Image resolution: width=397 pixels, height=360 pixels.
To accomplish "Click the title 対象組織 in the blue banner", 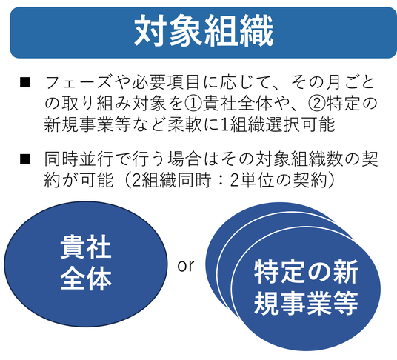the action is pos(204,30).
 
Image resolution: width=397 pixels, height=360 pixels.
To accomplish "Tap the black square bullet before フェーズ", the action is pos(25,82).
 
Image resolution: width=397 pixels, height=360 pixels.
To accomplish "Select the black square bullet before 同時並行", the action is pos(25,159).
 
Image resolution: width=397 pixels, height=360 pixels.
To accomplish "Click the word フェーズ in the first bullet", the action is pos(78,82).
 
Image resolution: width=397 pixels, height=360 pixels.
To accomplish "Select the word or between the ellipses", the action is pos(186,266).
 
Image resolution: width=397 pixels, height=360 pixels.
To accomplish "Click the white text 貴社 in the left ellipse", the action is pos(86,247).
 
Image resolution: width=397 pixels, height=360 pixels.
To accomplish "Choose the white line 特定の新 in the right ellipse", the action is pos(306,272).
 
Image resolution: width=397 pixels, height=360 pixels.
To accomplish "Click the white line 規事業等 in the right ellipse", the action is pos(306,303).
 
